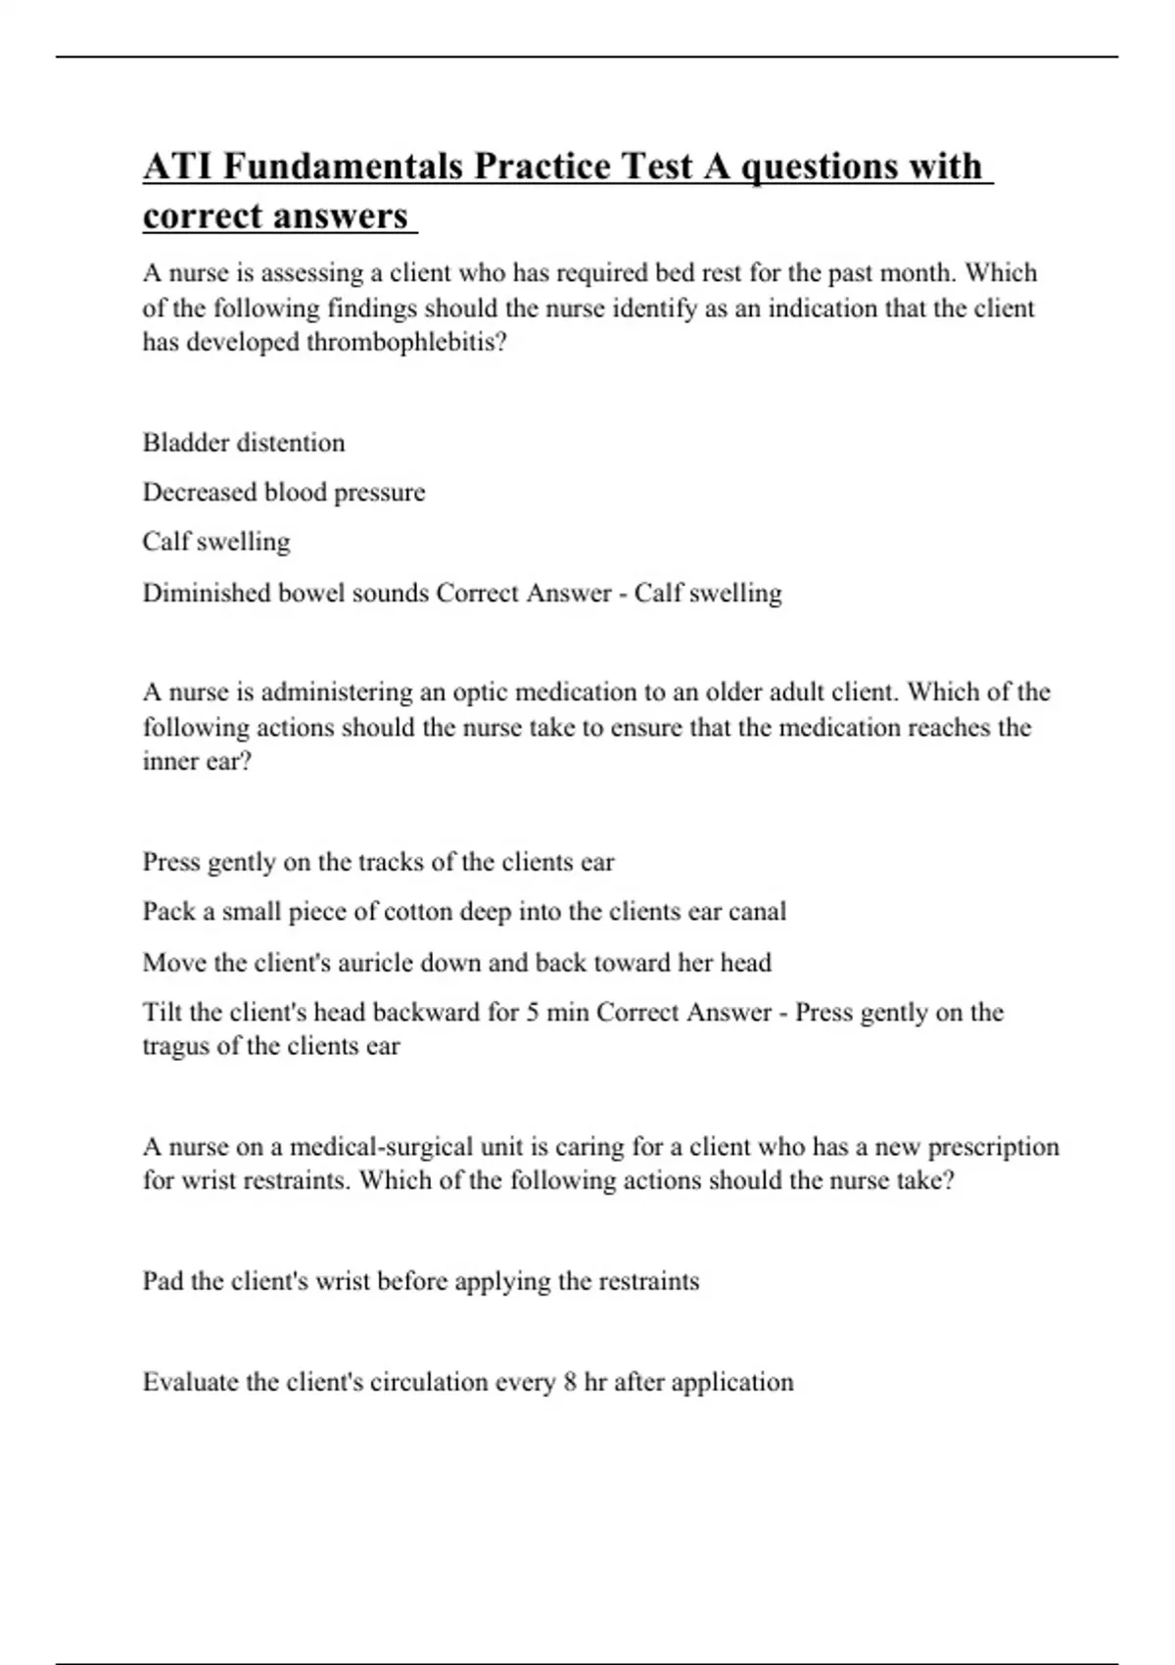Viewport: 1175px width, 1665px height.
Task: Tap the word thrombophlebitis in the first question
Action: tap(406, 343)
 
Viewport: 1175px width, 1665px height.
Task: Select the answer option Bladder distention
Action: tap(244, 443)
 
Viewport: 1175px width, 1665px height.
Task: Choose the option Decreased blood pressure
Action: tap(284, 492)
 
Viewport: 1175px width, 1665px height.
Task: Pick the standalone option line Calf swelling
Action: tap(216, 542)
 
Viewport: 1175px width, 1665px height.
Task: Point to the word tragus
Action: tap(176, 1046)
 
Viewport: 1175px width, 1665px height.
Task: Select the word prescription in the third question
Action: tap(993, 1146)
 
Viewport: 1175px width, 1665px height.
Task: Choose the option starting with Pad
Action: tap(421, 1281)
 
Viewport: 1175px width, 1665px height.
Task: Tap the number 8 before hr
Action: tap(570, 1382)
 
